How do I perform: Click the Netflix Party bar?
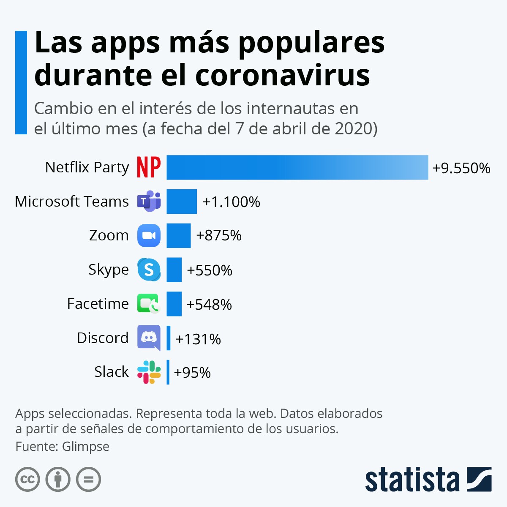click(x=297, y=167)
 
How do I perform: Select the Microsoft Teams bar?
click(x=182, y=202)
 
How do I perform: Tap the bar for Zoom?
click(x=178, y=235)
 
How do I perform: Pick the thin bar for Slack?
click(x=168, y=372)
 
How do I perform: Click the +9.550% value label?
click(x=461, y=168)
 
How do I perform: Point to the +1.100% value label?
click(x=231, y=202)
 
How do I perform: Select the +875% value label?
click(x=219, y=235)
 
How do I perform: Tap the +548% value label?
click(x=209, y=304)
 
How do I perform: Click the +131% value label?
click(x=198, y=339)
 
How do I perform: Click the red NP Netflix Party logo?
click(x=149, y=167)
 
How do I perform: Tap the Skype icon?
click(x=149, y=270)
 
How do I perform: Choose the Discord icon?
click(x=149, y=338)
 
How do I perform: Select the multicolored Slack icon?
click(x=149, y=372)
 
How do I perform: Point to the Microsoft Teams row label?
click(x=72, y=202)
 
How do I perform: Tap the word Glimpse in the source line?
click(x=85, y=446)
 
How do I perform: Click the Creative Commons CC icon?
click(x=27, y=480)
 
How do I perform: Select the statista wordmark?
click(x=412, y=480)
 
